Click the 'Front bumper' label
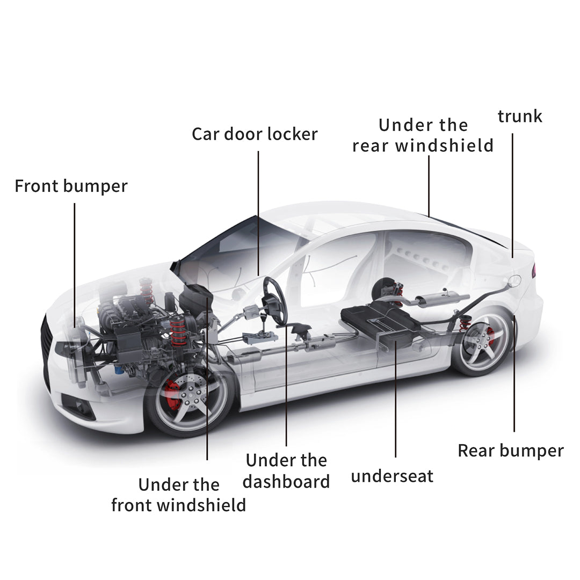pos(71,186)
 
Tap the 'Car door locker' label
pos(255,134)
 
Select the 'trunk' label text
pos(520,116)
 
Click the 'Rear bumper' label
pos(511,450)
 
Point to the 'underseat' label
pos(392,476)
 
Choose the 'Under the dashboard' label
pos(286,470)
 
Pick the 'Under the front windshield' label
pos(179,495)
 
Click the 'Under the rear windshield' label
pos(423,135)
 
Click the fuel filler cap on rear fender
pos(514,280)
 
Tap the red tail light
pos(534,271)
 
